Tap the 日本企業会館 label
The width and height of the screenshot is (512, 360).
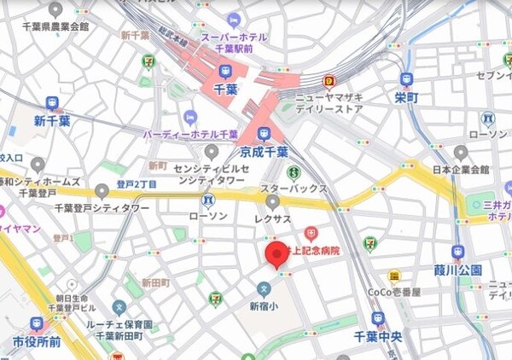pos(461,169)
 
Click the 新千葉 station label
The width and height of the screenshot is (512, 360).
pos(51,121)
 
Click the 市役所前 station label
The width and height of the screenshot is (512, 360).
pos(36,341)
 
